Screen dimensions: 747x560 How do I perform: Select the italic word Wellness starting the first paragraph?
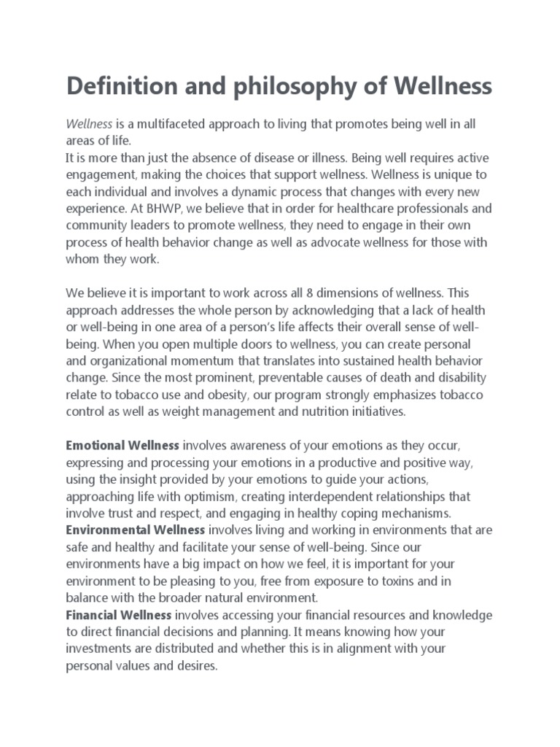89,125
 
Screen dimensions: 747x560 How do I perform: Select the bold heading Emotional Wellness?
122,444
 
